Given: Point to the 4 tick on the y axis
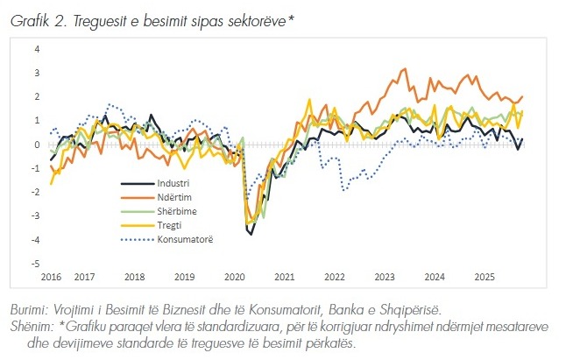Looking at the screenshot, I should coord(37,49).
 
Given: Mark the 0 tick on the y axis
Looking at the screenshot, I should coord(37,145).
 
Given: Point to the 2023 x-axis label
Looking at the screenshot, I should coord(385,277).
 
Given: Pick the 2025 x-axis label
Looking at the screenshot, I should coord(484,277).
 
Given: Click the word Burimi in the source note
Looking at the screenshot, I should coord(31,311).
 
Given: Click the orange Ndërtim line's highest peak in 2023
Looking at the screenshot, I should coord(404,68).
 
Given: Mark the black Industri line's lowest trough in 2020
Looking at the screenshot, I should coord(251,234).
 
